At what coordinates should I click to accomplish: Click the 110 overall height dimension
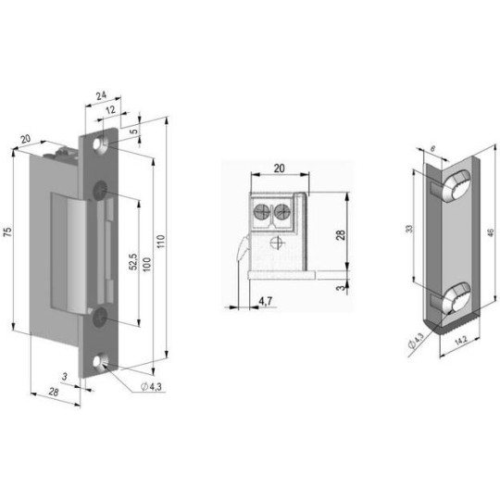tap(161, 242)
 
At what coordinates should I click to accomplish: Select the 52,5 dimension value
tap(133, 262)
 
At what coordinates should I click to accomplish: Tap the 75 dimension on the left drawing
tap(8, 231)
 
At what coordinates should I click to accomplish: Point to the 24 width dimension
tap(102, 95)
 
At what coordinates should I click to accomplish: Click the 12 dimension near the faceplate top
tap(110, 110)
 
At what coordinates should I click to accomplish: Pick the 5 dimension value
tap(134, 131)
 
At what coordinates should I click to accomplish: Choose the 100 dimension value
tap(146, 264)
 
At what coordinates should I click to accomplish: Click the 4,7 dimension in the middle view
tap(266, 301)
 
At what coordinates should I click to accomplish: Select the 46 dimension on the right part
tap(491, 232)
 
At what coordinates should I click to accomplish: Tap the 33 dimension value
tap(409, 229)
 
